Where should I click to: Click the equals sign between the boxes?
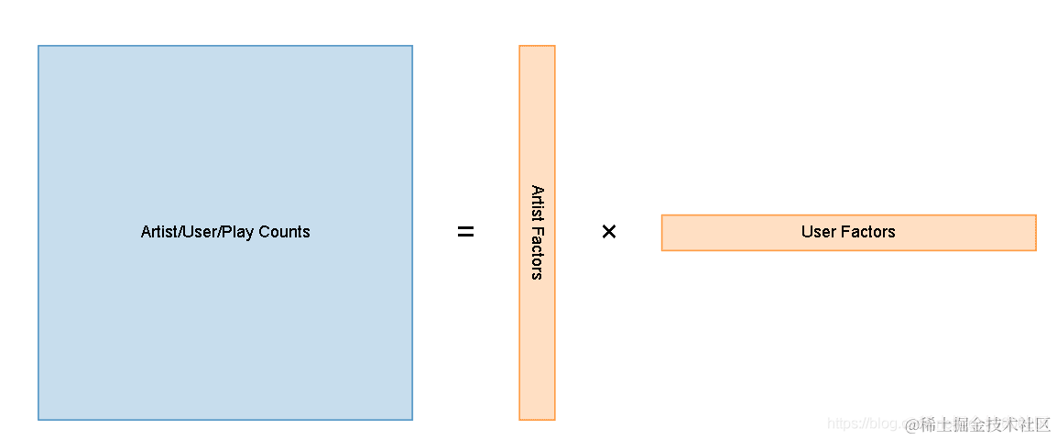pyautogui.click(x=465, y=233)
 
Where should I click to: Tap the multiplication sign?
pyautogui.click(x=609, y=232)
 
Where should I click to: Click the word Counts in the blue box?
pyautogui.click(x=284, y=232)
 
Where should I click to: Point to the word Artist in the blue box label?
pyautogui.click(x=159, y=232)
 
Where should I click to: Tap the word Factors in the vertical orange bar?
pyautogui.click(x=537, y=254)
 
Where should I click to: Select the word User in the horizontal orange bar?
pyautogui.click(x=819, y=232)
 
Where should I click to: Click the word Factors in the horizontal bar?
pyautogui.click(x=868, y=232)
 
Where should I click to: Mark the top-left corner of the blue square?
pyautogui.click(x=38, y=46)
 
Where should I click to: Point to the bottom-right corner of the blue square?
pyautogui.click(x=412, y=420)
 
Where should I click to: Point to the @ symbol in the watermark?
pyautogui.click(x=912, y=424)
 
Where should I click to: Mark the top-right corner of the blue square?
pyautogui.click(x=412, y=46)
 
